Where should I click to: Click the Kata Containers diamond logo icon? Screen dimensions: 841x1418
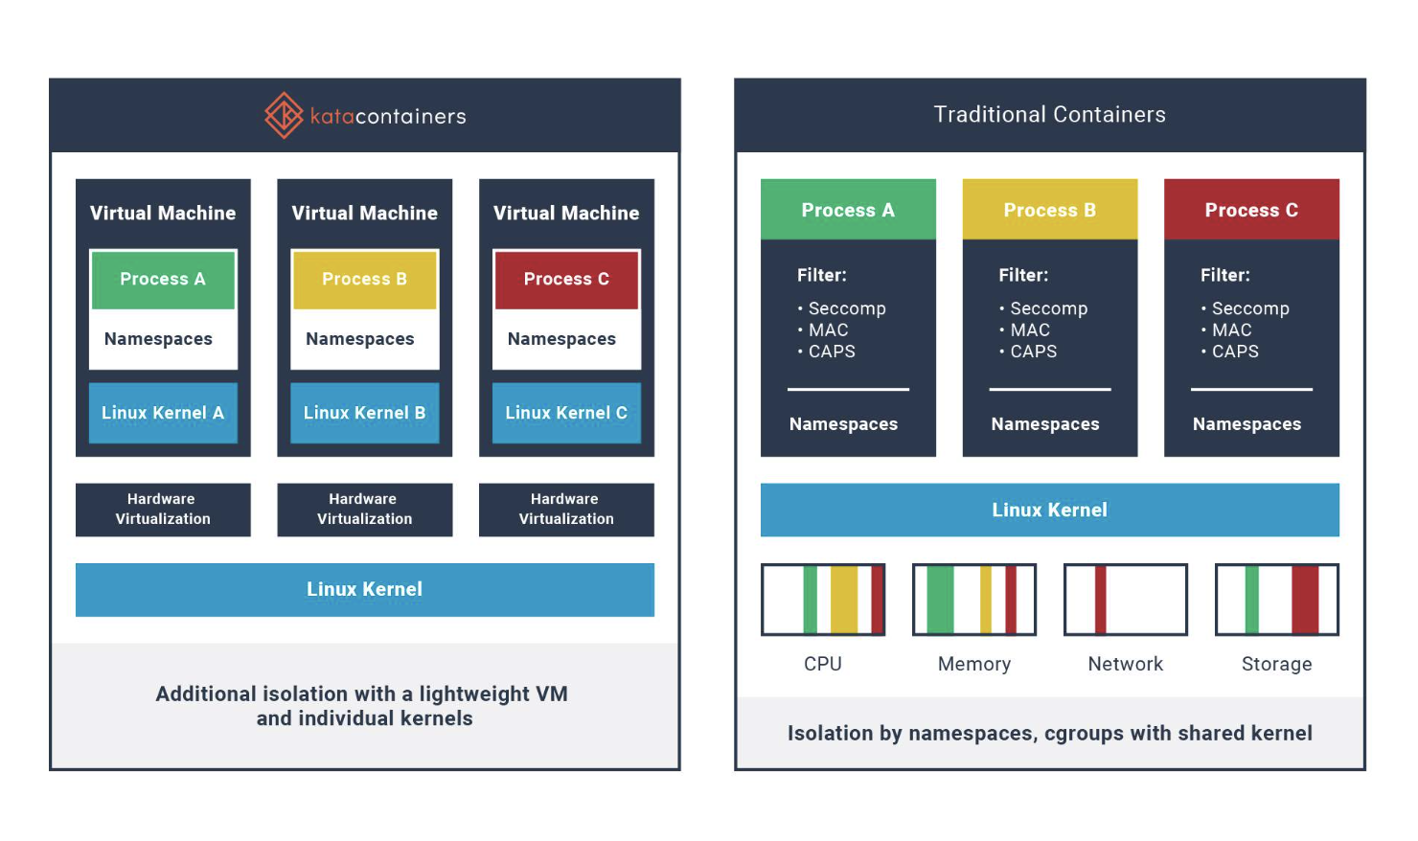[x=284, y=115]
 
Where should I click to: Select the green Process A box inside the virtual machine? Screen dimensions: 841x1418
[x=163, y=279]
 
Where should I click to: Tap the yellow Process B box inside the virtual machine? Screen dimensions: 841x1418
[x=364, y=279]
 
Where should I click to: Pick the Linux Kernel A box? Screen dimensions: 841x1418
[x=163, y=413]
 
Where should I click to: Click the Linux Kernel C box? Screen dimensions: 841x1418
[x=566, y=413]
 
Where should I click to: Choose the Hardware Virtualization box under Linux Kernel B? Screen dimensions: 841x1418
[x=364, y=510]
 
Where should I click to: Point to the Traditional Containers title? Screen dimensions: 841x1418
[x=1049, y=115]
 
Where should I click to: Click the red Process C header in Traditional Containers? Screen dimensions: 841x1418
[x=1251, y=210]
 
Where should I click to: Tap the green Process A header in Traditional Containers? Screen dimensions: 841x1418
[x=848, y=210]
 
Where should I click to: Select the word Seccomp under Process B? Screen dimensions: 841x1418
[x=1048, y=308]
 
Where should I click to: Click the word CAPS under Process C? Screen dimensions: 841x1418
[x=1235, y=352]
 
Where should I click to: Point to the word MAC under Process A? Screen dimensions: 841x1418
[x=828, y=330]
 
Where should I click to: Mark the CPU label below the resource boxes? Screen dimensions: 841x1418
[x=822, y=664]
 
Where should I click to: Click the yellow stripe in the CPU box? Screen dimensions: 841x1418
[x=844, y=600]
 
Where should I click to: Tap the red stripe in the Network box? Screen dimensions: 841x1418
[x=1101, y=600]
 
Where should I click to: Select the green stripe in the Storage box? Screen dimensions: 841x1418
[x=1251, y=600]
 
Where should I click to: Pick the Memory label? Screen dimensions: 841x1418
[x=973, y=664]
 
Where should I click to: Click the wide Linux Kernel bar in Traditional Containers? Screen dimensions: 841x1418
[x=1049, y=510]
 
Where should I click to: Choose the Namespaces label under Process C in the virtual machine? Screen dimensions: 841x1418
[x=561, y=339]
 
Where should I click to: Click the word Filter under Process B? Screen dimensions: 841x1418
[x=1022, y=276]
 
